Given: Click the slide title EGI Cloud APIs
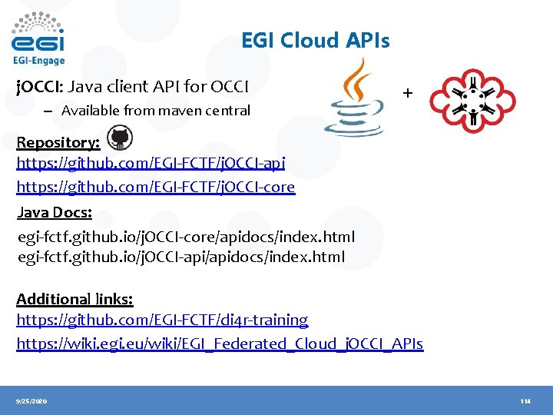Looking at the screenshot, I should (315, 40).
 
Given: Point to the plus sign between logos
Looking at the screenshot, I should (407, 93).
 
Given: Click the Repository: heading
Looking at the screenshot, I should (58, 142).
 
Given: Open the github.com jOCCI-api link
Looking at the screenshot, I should (151, 163).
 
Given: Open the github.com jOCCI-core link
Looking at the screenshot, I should (156, 187).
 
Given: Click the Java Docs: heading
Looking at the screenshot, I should (55, 212).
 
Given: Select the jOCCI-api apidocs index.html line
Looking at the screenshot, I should (181, 256).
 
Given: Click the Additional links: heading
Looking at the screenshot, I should (75, 298).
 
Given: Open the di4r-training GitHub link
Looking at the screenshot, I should (162, 319).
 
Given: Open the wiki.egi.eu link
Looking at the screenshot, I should (220, 344).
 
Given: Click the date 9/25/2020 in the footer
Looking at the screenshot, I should (31, 401).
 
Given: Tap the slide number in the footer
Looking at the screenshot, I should (525, 401).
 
